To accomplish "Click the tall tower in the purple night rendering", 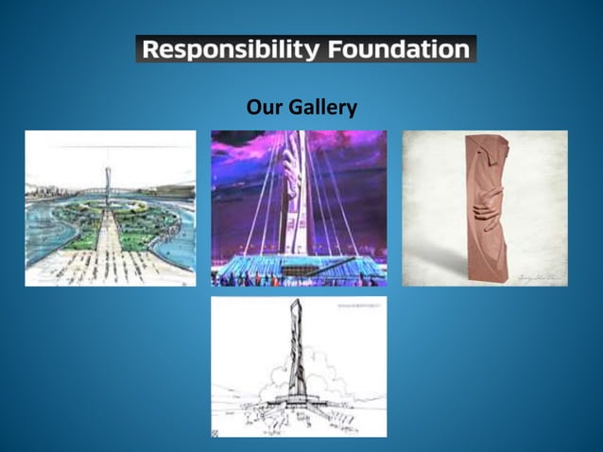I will click(297, 189).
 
